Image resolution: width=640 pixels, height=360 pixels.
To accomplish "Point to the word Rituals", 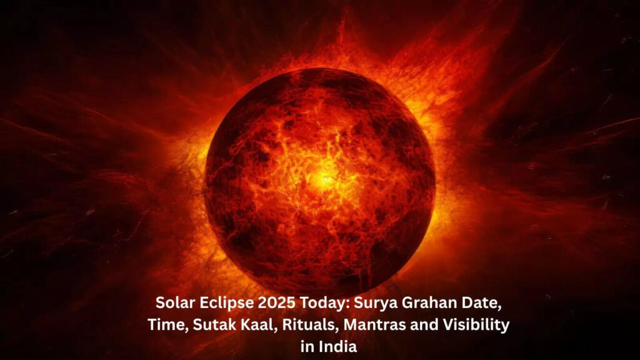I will click(x=286, y=326).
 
